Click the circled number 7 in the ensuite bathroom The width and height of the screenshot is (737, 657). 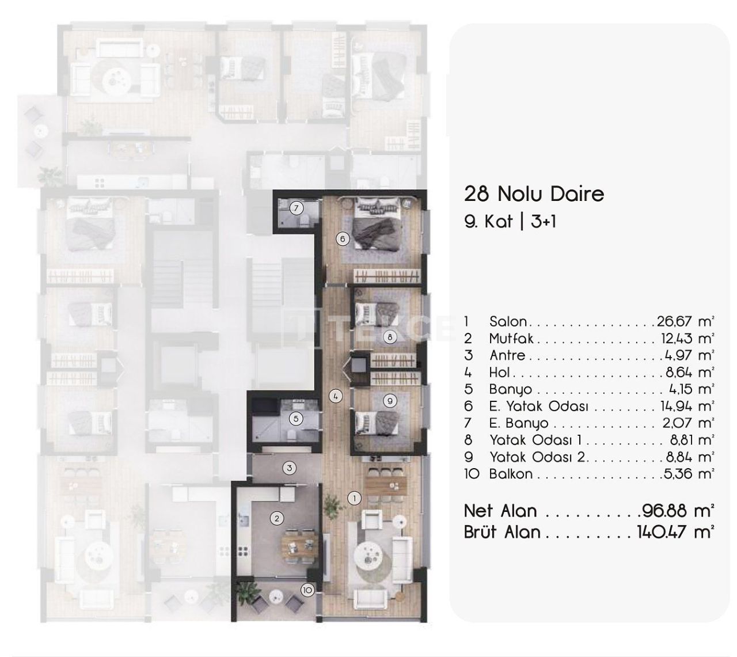(296, 208)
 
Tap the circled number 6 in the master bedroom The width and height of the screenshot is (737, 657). (342, 239)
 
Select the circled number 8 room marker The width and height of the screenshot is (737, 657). (390, 337)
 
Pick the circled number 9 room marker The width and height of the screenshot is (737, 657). (390, 401)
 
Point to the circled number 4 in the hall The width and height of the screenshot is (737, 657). (336, 396)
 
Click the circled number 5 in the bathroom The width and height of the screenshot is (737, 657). (296, 419)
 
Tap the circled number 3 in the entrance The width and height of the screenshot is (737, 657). (290, 468)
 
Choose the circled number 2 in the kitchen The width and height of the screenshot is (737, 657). (277, 518)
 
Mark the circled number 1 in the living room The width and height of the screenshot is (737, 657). (354, 498)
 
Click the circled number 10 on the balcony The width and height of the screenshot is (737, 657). (307, 590)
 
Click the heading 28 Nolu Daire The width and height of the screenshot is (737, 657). (534, 193)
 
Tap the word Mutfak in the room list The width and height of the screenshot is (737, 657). (511, 338)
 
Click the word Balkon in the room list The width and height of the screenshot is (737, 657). (511, 474)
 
